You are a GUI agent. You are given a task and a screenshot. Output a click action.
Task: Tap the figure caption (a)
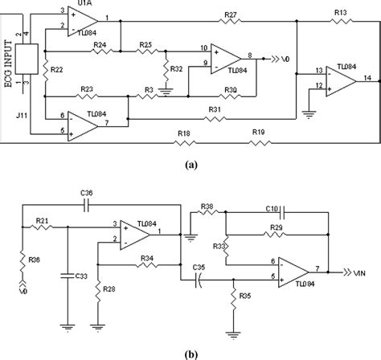pyautogui.click(x=190, y=163)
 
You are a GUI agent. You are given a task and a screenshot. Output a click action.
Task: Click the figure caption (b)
pyautogui.click(x=190, y=352)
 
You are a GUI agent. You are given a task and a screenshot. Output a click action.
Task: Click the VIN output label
pyautogui.click(x=362, y=271)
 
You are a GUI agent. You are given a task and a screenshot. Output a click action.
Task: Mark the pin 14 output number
pyautogui.click(x=367, y=76)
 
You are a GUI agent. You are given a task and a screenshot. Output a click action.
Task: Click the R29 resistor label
pyautogui.click(x=277, y=228)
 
